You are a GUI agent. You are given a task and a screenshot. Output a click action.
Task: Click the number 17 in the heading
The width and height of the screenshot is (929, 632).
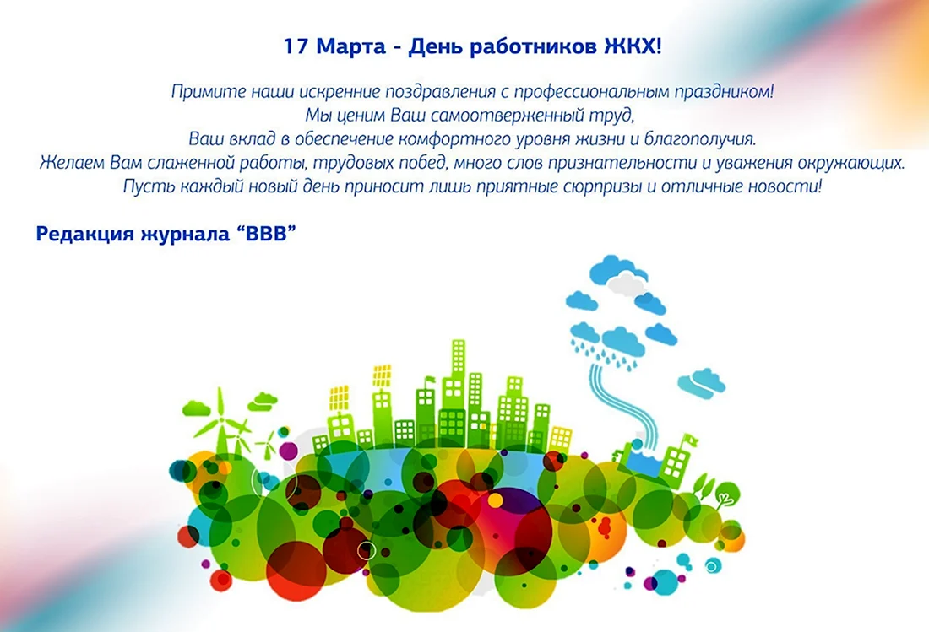pyautogui.click(x=296, y=46)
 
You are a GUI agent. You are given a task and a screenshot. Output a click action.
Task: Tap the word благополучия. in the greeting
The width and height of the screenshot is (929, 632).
pyautogui.click(x=700, y=140)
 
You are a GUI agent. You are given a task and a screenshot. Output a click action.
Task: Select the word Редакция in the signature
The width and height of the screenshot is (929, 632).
pyautogui.click(x=85, y=234)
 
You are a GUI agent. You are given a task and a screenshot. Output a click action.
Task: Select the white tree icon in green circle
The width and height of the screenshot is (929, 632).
pyautogui.click(x=726, y=494)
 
